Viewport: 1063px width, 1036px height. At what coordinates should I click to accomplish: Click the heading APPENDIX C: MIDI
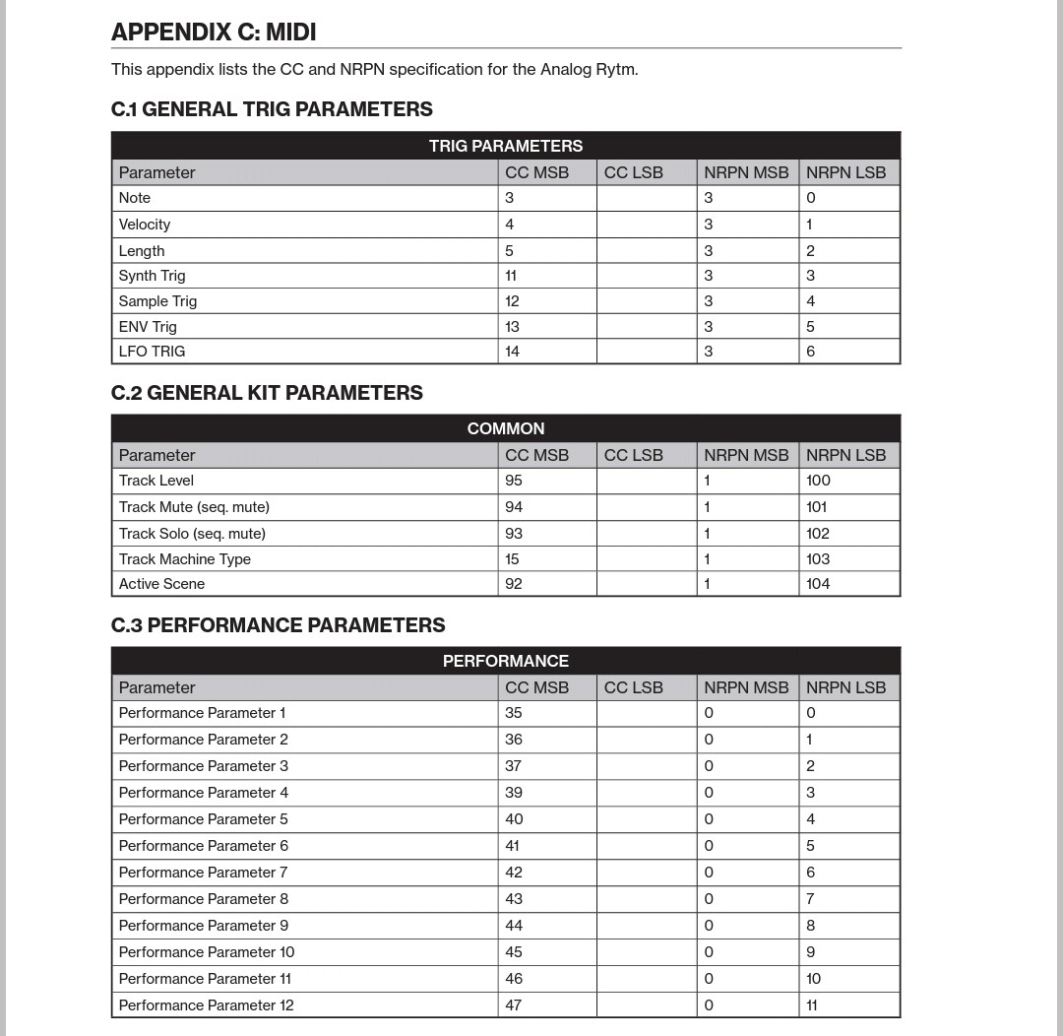pos(214,32)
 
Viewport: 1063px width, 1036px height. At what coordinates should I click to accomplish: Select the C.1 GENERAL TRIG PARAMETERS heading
pos(272,109)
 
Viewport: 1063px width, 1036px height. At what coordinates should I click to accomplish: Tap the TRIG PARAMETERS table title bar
pos(505,146)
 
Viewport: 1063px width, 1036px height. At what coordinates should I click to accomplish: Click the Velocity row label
pos(145,225)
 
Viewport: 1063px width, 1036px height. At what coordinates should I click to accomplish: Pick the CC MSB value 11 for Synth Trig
pos(511,276)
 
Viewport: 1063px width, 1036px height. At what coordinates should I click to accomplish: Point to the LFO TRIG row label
pos(152,352)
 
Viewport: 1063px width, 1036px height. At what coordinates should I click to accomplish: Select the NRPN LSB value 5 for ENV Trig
pos(810,327)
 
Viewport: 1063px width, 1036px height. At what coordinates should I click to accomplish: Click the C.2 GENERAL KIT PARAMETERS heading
pos(267,393)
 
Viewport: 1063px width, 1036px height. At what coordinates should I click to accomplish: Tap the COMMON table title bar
pos(505,428)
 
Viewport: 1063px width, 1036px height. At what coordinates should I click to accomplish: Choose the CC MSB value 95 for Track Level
pos(514,481)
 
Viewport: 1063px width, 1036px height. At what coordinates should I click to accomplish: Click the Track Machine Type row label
pos(185,559)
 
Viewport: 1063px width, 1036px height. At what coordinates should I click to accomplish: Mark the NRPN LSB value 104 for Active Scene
pos(818,584)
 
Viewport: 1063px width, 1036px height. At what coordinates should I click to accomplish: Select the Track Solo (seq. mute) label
pos(192,534)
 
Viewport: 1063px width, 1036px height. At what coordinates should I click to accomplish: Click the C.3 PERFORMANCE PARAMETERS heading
pos(278,625)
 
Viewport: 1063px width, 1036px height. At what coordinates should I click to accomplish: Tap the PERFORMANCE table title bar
pos(505,661)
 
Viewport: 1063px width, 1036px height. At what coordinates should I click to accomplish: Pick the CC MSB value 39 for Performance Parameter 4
pos(514,793)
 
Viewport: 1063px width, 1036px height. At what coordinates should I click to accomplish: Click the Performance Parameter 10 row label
pos(207,952)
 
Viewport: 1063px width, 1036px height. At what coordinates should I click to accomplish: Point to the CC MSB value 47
pos(514,1005)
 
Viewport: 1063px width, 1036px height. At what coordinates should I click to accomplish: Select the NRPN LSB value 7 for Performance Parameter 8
pos(810,899)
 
